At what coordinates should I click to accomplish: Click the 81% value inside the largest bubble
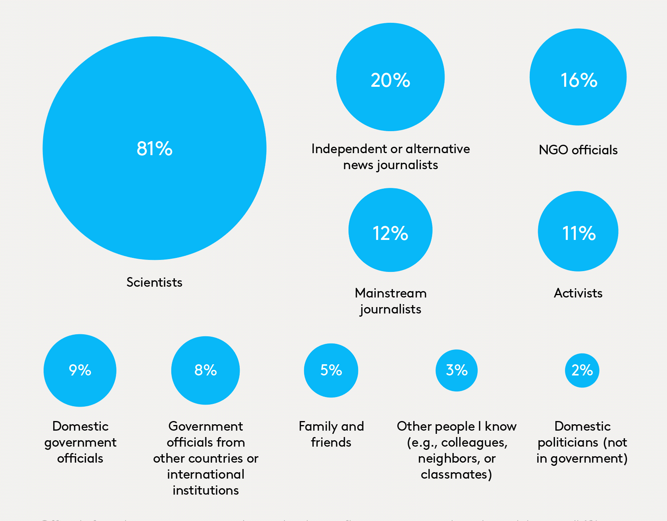155,149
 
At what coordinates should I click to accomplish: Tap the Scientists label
155,282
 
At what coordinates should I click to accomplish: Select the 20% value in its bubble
390,80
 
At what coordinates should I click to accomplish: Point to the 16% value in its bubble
579,80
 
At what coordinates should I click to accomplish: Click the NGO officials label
578,150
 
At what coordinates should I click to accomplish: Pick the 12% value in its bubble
390,233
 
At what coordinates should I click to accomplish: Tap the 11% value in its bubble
579,233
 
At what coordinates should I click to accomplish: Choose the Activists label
578,293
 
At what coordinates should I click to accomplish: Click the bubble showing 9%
80,370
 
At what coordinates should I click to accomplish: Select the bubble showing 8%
205,370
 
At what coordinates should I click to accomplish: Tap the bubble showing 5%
331,370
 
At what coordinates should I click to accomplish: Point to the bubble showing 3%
457,370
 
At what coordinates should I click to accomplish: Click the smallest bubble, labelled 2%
582,370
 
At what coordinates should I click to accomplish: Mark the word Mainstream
390,293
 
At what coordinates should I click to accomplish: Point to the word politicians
568,442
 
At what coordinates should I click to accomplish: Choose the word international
205,474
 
